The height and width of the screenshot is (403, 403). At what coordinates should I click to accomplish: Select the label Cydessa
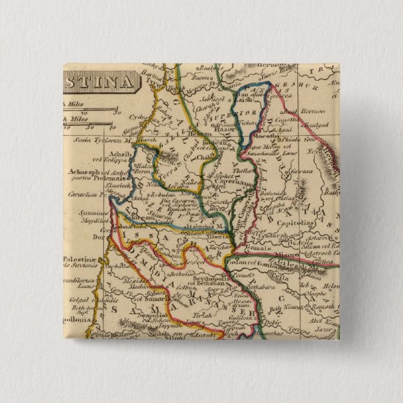pyautogui.click(x=140, y=117)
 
